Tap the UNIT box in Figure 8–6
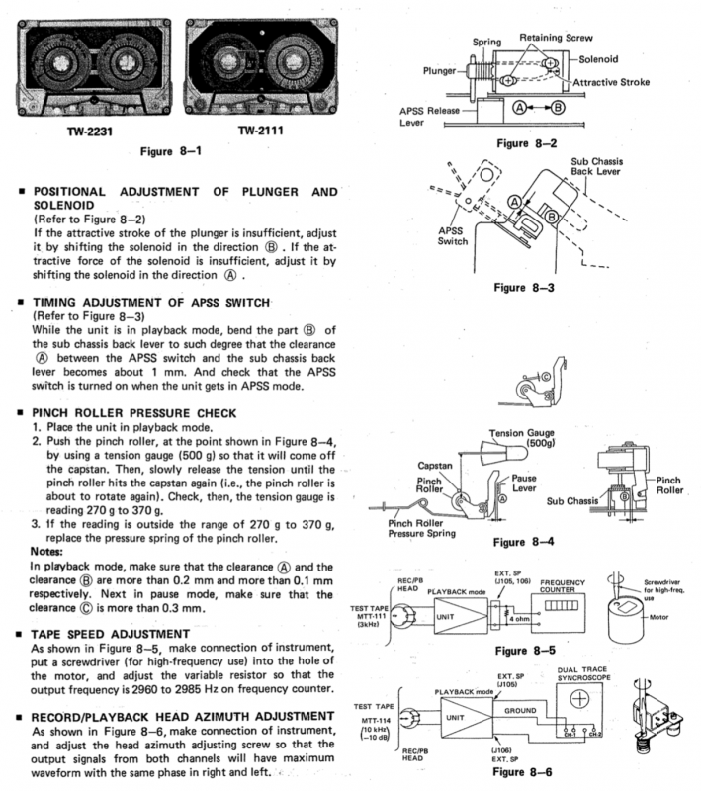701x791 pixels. coord(456,717)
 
